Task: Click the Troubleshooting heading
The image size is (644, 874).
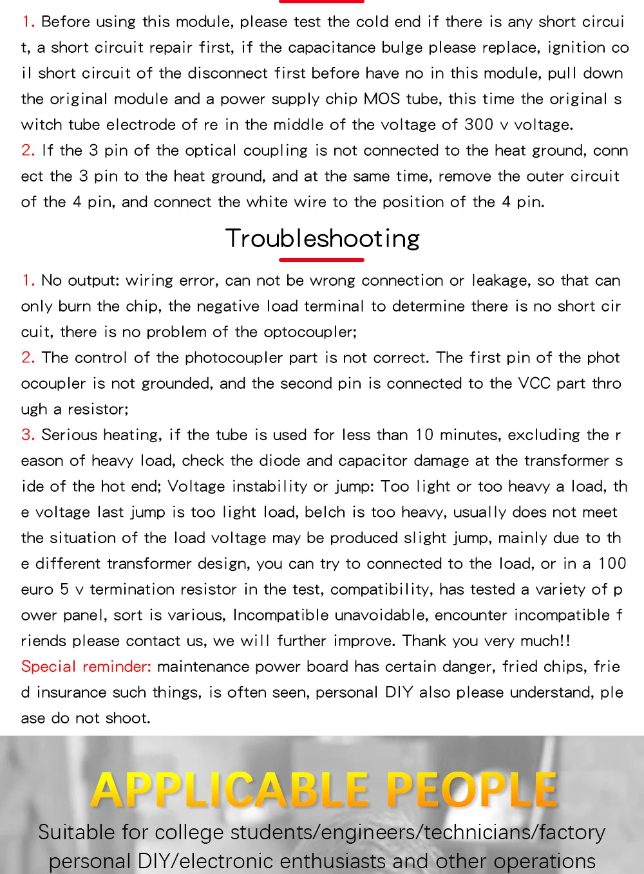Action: point(322,239)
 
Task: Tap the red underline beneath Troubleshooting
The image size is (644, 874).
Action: point(321,260)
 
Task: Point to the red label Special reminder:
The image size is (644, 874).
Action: point(86,666)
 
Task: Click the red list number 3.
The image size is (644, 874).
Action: point(28,434)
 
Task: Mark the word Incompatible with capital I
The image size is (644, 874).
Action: point(281,615)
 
